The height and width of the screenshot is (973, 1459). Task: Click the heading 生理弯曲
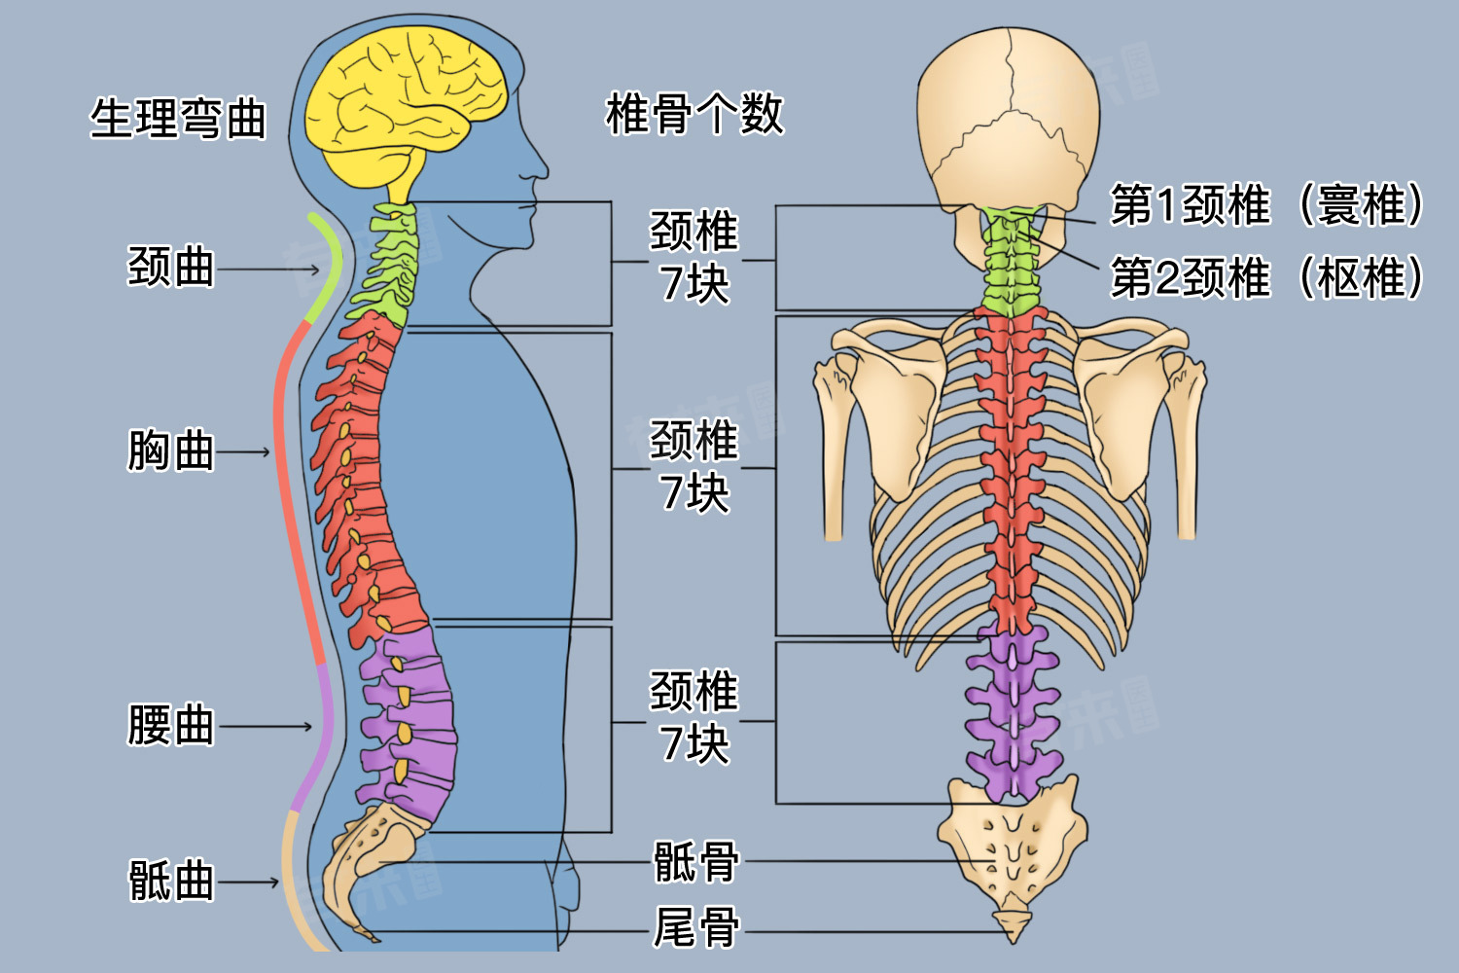[178, 119]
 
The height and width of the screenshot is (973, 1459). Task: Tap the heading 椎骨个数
[694, 114]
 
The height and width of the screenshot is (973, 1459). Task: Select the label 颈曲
[171, 267]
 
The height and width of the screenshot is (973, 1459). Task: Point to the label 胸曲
[171, 451]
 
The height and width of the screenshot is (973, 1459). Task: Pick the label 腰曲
[171, 726]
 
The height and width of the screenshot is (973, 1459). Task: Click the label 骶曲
[171, 882]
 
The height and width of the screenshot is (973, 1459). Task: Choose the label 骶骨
[695, 862]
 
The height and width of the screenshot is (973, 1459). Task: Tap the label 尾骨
[695, 928]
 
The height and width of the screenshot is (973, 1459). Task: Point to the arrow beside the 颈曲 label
[268, 268]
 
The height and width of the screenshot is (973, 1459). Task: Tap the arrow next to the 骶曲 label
[249, 883]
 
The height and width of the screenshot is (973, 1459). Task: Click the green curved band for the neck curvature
[329, 268]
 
